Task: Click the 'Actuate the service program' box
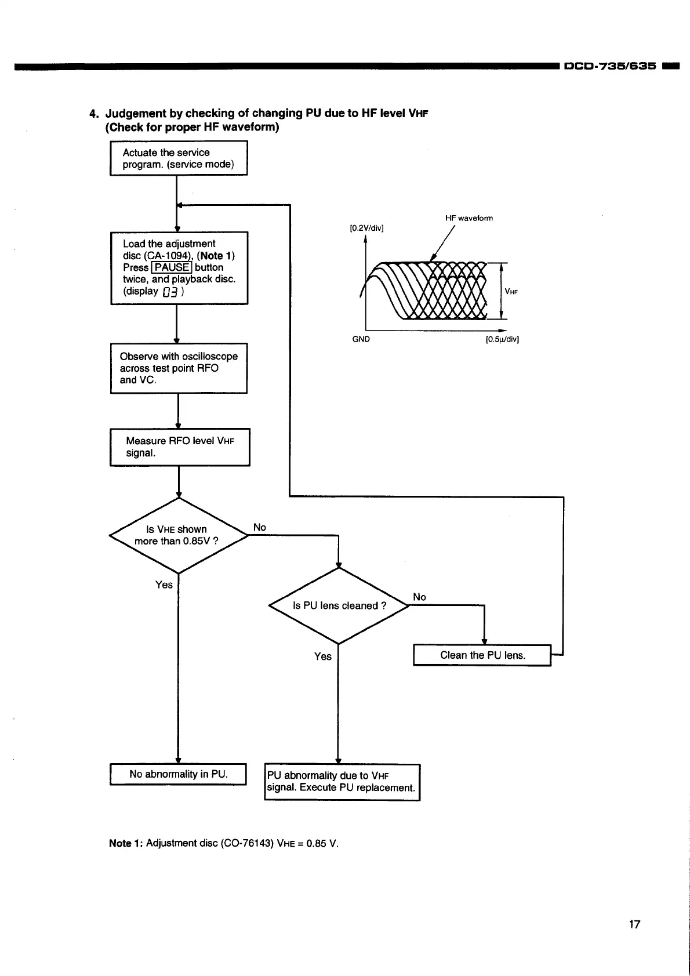pyautogui.click(x=179, y=158)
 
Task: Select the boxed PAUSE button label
pyautogui.click(x=171, y=267)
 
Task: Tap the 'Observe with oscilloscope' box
pyautogui.click(x=179, y=368)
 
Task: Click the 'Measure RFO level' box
pyautogui.click(x=180, y=447)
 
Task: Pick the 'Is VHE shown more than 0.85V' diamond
pyautogui.click(x=178, y=535)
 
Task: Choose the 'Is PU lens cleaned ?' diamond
pyautogui.click(x=339, y=605)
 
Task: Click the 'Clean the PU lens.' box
pyautogui.click(x=482, y=655)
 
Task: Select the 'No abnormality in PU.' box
pyautogui.click(x=179, y=774)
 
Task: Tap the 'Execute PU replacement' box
pyautogui.click(x=342, y=782)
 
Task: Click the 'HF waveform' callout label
pyautogui.click(x=469, y=218)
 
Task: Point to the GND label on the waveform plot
pyautogui.click(x=361, y=339)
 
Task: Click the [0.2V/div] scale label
pyautogui.click(x=366, y=228)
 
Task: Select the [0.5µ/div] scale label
pyautogui.click(x=502, y=339)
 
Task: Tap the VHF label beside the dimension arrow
pyautogui.click(x=511, y=292)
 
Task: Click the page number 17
pyautogui.click(x=634, y=924)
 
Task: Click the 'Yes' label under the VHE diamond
pyautogui.click(x=164, y=585)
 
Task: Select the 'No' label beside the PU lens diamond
pyautogui.click(x=419, y=597)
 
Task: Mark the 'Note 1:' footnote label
pyautogui.click(x=126, y=843)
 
